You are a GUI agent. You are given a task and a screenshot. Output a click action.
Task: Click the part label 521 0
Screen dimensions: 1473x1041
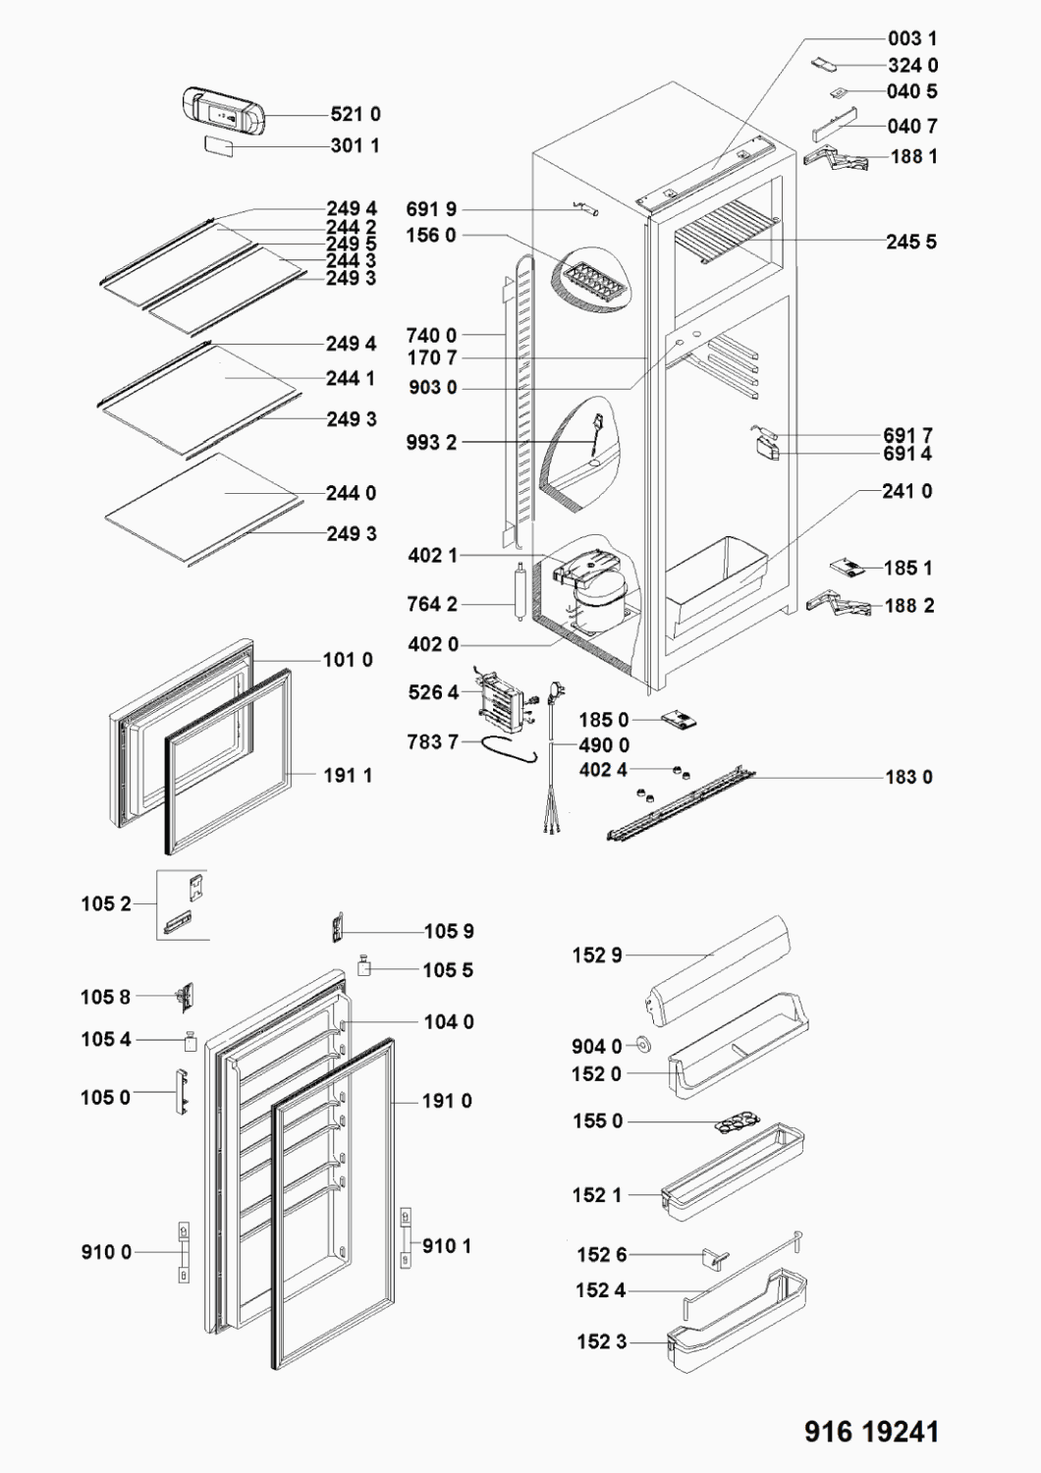pos(356,115)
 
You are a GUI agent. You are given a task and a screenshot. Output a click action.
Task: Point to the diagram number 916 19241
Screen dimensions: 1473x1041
pos(871,1431)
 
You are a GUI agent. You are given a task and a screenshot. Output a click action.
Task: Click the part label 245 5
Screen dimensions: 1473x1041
pos(910,242)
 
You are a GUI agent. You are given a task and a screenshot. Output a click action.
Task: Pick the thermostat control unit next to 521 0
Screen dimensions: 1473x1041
pos(225,111)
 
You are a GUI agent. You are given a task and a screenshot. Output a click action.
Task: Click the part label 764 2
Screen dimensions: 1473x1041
pos(432,604)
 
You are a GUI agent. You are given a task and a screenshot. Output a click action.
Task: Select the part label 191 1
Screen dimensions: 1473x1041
pos(348,776)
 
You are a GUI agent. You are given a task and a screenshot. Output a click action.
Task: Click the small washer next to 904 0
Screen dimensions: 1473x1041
pos(644,1045)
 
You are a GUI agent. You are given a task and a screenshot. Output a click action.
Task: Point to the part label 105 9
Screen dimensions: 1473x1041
pos(449,931)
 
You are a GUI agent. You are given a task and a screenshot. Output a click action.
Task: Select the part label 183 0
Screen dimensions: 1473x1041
pos(908,777)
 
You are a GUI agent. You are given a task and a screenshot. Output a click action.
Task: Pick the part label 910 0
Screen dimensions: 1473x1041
pos(106,1252)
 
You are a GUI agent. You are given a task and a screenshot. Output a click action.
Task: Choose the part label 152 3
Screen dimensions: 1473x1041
pos(600,1341)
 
